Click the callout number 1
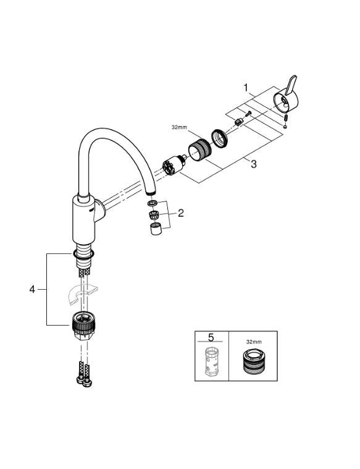point(246,89)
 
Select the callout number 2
point(181,214)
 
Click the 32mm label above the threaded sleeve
point(179,127)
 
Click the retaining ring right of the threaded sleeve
point(220,137)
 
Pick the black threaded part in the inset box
point(253,363)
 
